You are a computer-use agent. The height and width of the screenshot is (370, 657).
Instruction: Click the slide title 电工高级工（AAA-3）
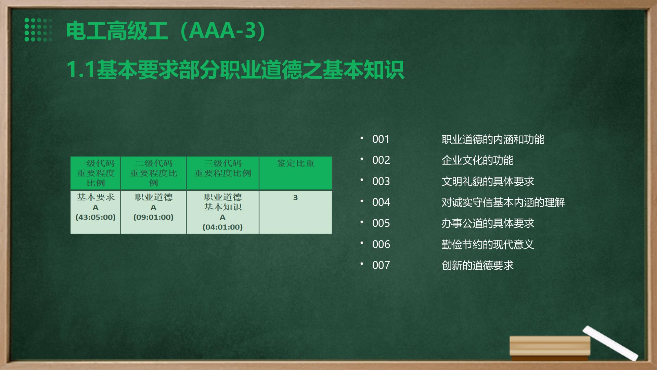[x=166, y=31]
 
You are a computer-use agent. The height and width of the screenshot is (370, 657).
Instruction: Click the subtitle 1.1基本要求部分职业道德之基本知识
[x=235, y=70]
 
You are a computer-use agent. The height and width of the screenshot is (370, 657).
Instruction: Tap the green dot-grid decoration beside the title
[x=38, y=30]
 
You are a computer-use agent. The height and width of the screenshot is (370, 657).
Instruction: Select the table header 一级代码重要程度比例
[x=95, y=173]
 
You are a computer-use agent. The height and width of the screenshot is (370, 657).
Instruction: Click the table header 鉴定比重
[x=296, y=163]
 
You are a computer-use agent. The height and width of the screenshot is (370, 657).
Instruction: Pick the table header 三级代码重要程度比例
[x=223, y=168]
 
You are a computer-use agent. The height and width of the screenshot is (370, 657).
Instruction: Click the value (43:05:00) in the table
[x=95, y=217]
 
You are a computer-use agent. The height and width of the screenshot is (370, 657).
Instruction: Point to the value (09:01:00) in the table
[x=153, y=217]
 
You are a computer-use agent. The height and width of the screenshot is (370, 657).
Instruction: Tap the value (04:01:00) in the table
[x=222, y=227]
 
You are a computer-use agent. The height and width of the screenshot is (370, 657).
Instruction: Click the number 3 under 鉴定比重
[x=296, y=198]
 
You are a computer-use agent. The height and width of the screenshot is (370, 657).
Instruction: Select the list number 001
[x=381, y=139]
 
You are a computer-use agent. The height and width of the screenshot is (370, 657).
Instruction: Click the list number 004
[x=381, y=202]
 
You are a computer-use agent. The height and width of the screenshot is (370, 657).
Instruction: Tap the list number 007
[x=381, y=266]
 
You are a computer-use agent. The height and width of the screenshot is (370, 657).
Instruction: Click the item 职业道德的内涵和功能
[x=493, y=139]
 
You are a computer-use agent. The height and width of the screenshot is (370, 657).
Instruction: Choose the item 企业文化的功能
[x=478, y=160]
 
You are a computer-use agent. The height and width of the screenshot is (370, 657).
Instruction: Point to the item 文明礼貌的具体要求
[x=488, y=182]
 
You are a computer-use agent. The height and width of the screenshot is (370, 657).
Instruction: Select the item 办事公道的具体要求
[x=488, y=223]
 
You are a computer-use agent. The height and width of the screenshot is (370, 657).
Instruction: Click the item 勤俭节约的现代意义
[x=488, y=245]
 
